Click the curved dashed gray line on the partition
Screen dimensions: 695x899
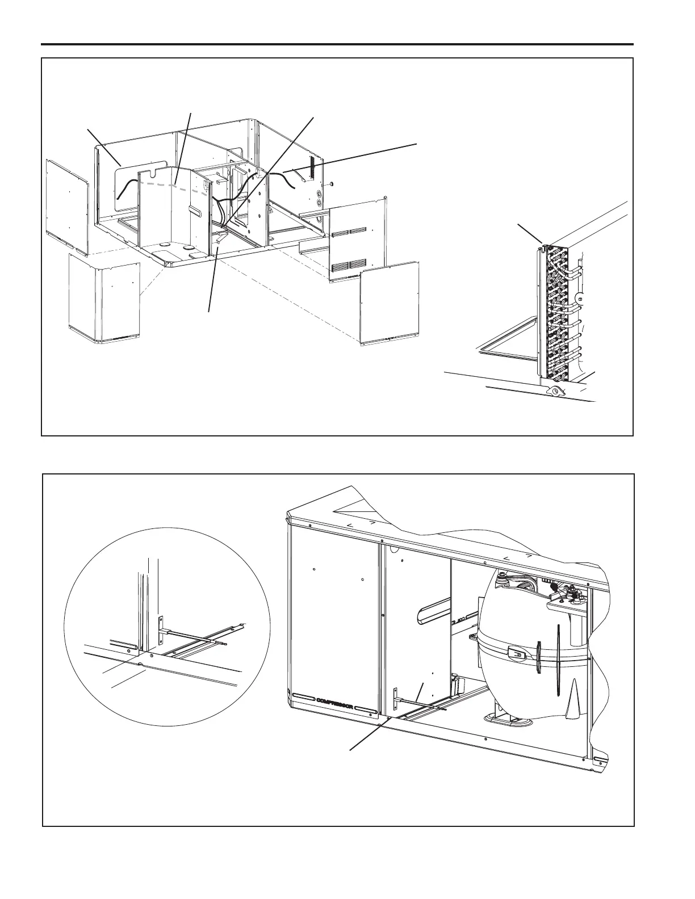[170, 186]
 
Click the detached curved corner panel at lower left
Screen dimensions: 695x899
[103, 298]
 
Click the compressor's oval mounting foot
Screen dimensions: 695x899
[508, 718]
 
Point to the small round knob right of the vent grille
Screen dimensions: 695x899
[330, 184]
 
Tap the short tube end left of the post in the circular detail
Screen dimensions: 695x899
[124, 645]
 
